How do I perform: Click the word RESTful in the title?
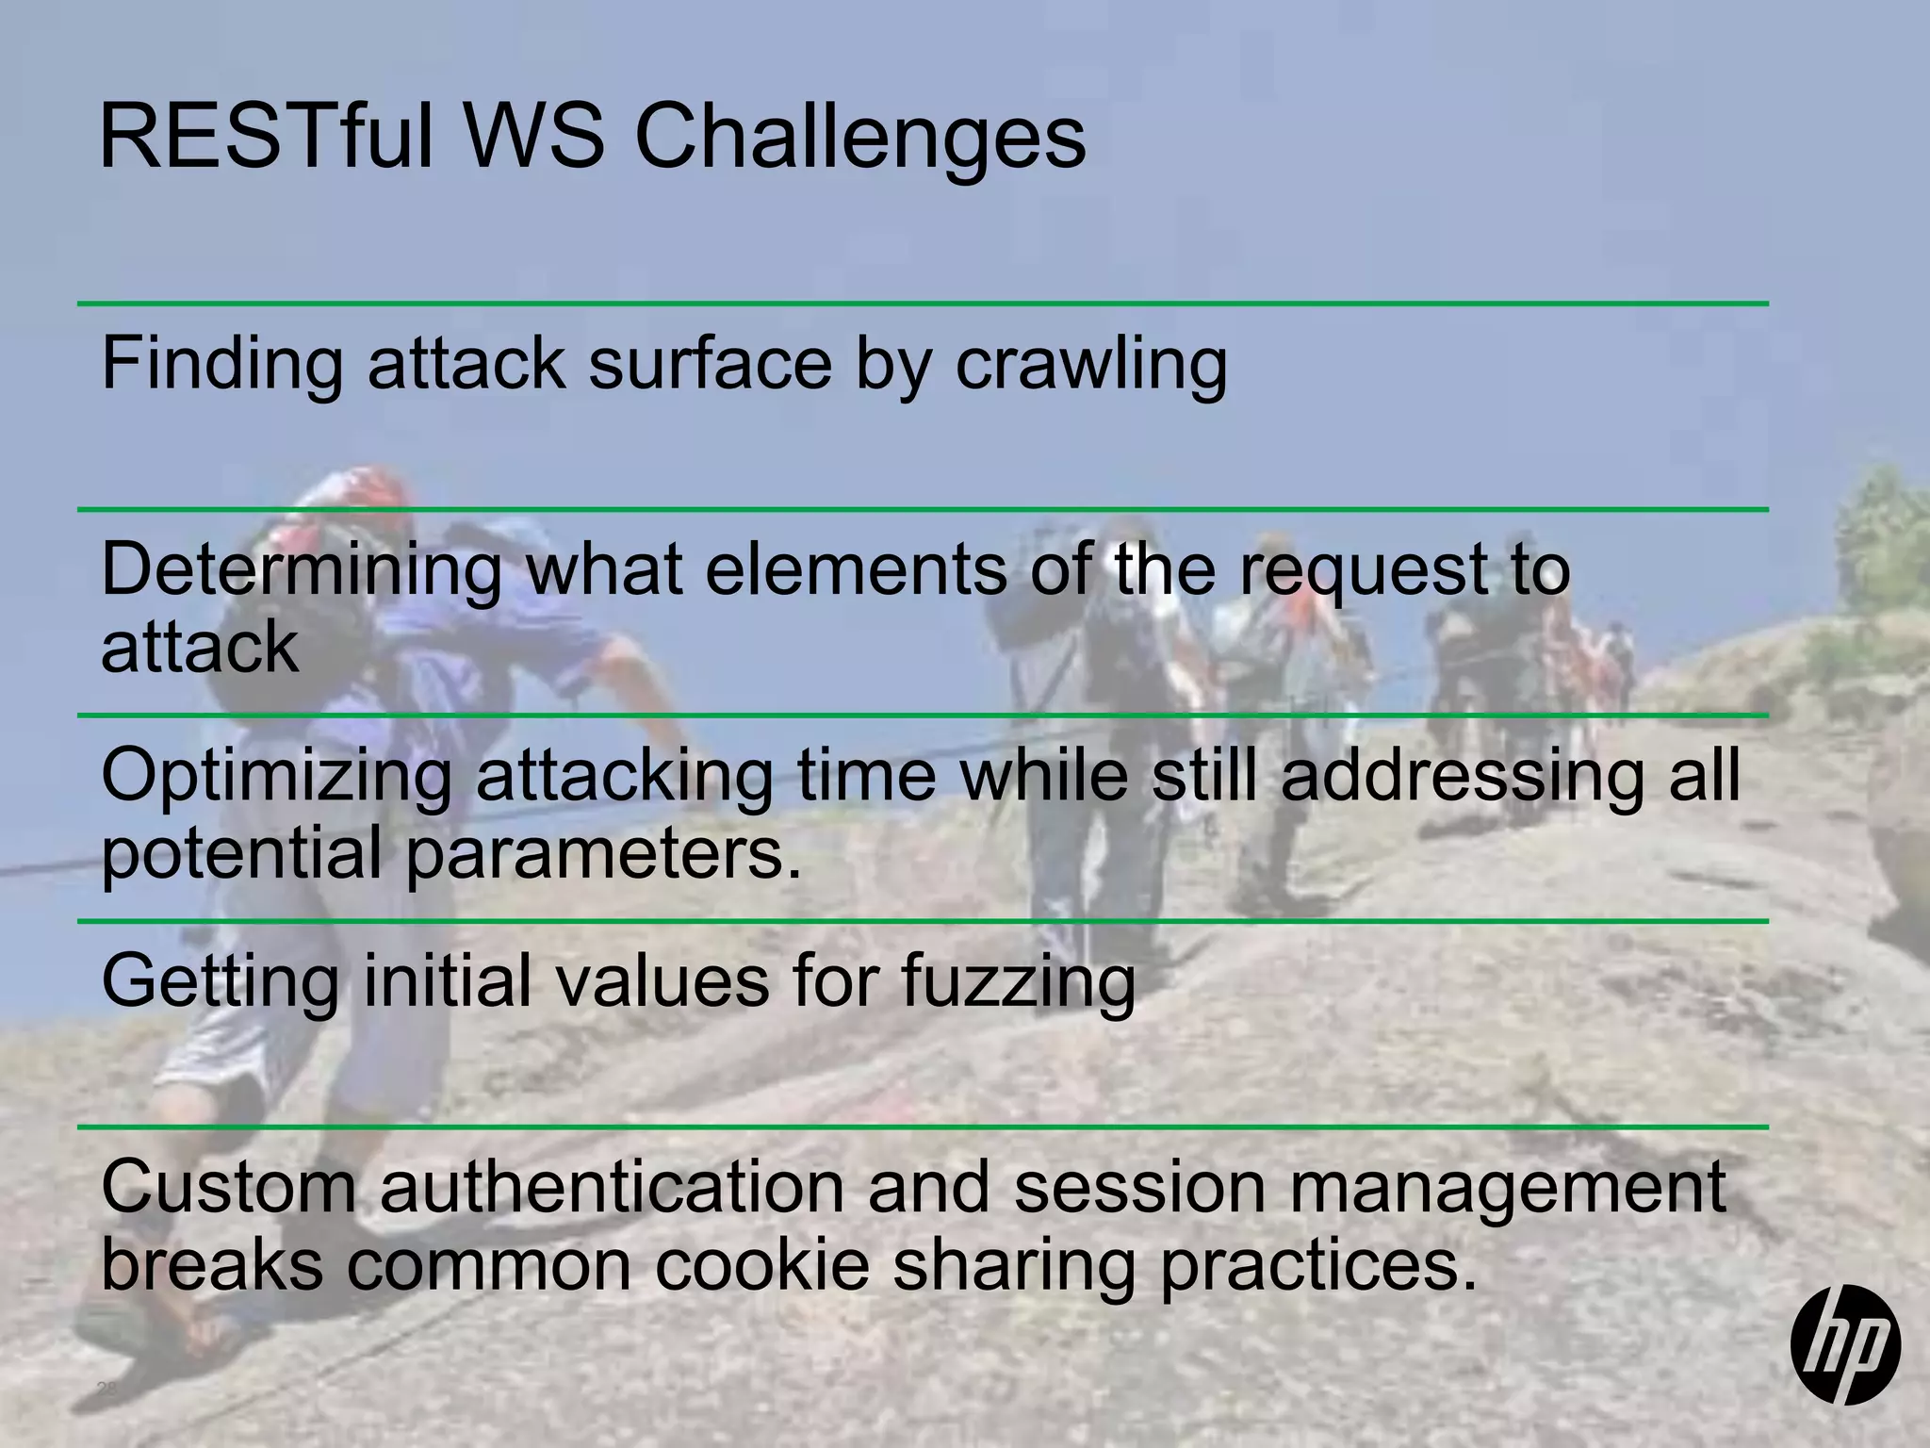266,138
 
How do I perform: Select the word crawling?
1091,364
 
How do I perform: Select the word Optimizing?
276,777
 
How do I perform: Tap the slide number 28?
106,1389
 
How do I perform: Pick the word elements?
856,569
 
